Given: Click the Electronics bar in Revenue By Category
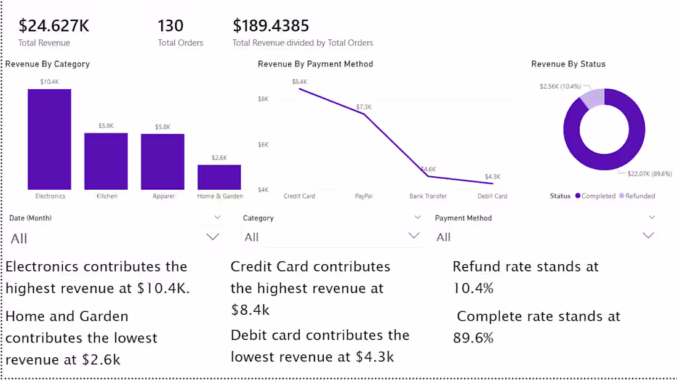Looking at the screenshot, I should click(x=49, y=139).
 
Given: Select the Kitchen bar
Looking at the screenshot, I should click(x=106, y=161).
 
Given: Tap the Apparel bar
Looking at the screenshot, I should click(x=162, y=161).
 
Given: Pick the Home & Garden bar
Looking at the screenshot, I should click(x=219, y=177).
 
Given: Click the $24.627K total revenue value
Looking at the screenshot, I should click(x=54, y=26).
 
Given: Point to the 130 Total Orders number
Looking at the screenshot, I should click(x=170, y=26).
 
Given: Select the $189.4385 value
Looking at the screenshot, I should click(x=271, y=26).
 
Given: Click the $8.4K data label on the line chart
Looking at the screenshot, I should click(x=300, y=81).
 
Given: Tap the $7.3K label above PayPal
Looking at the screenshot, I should click(x=364, y=107).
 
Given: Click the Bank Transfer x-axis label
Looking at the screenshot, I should click(x=428, y=196).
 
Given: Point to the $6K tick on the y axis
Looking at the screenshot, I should click(x=263, y=145).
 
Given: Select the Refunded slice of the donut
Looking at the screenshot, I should click(x=592, y=99).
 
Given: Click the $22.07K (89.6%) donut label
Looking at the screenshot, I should click(x=649, y=174).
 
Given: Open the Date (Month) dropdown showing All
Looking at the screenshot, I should click(x=213, y=237).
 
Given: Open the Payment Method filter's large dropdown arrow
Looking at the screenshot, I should click(x=648, y=235).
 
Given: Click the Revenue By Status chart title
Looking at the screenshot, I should click(x=568, y=64).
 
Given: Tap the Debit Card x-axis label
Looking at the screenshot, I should click(x=492, y=196).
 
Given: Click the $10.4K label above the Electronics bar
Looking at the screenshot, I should click(x=49, y=81).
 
